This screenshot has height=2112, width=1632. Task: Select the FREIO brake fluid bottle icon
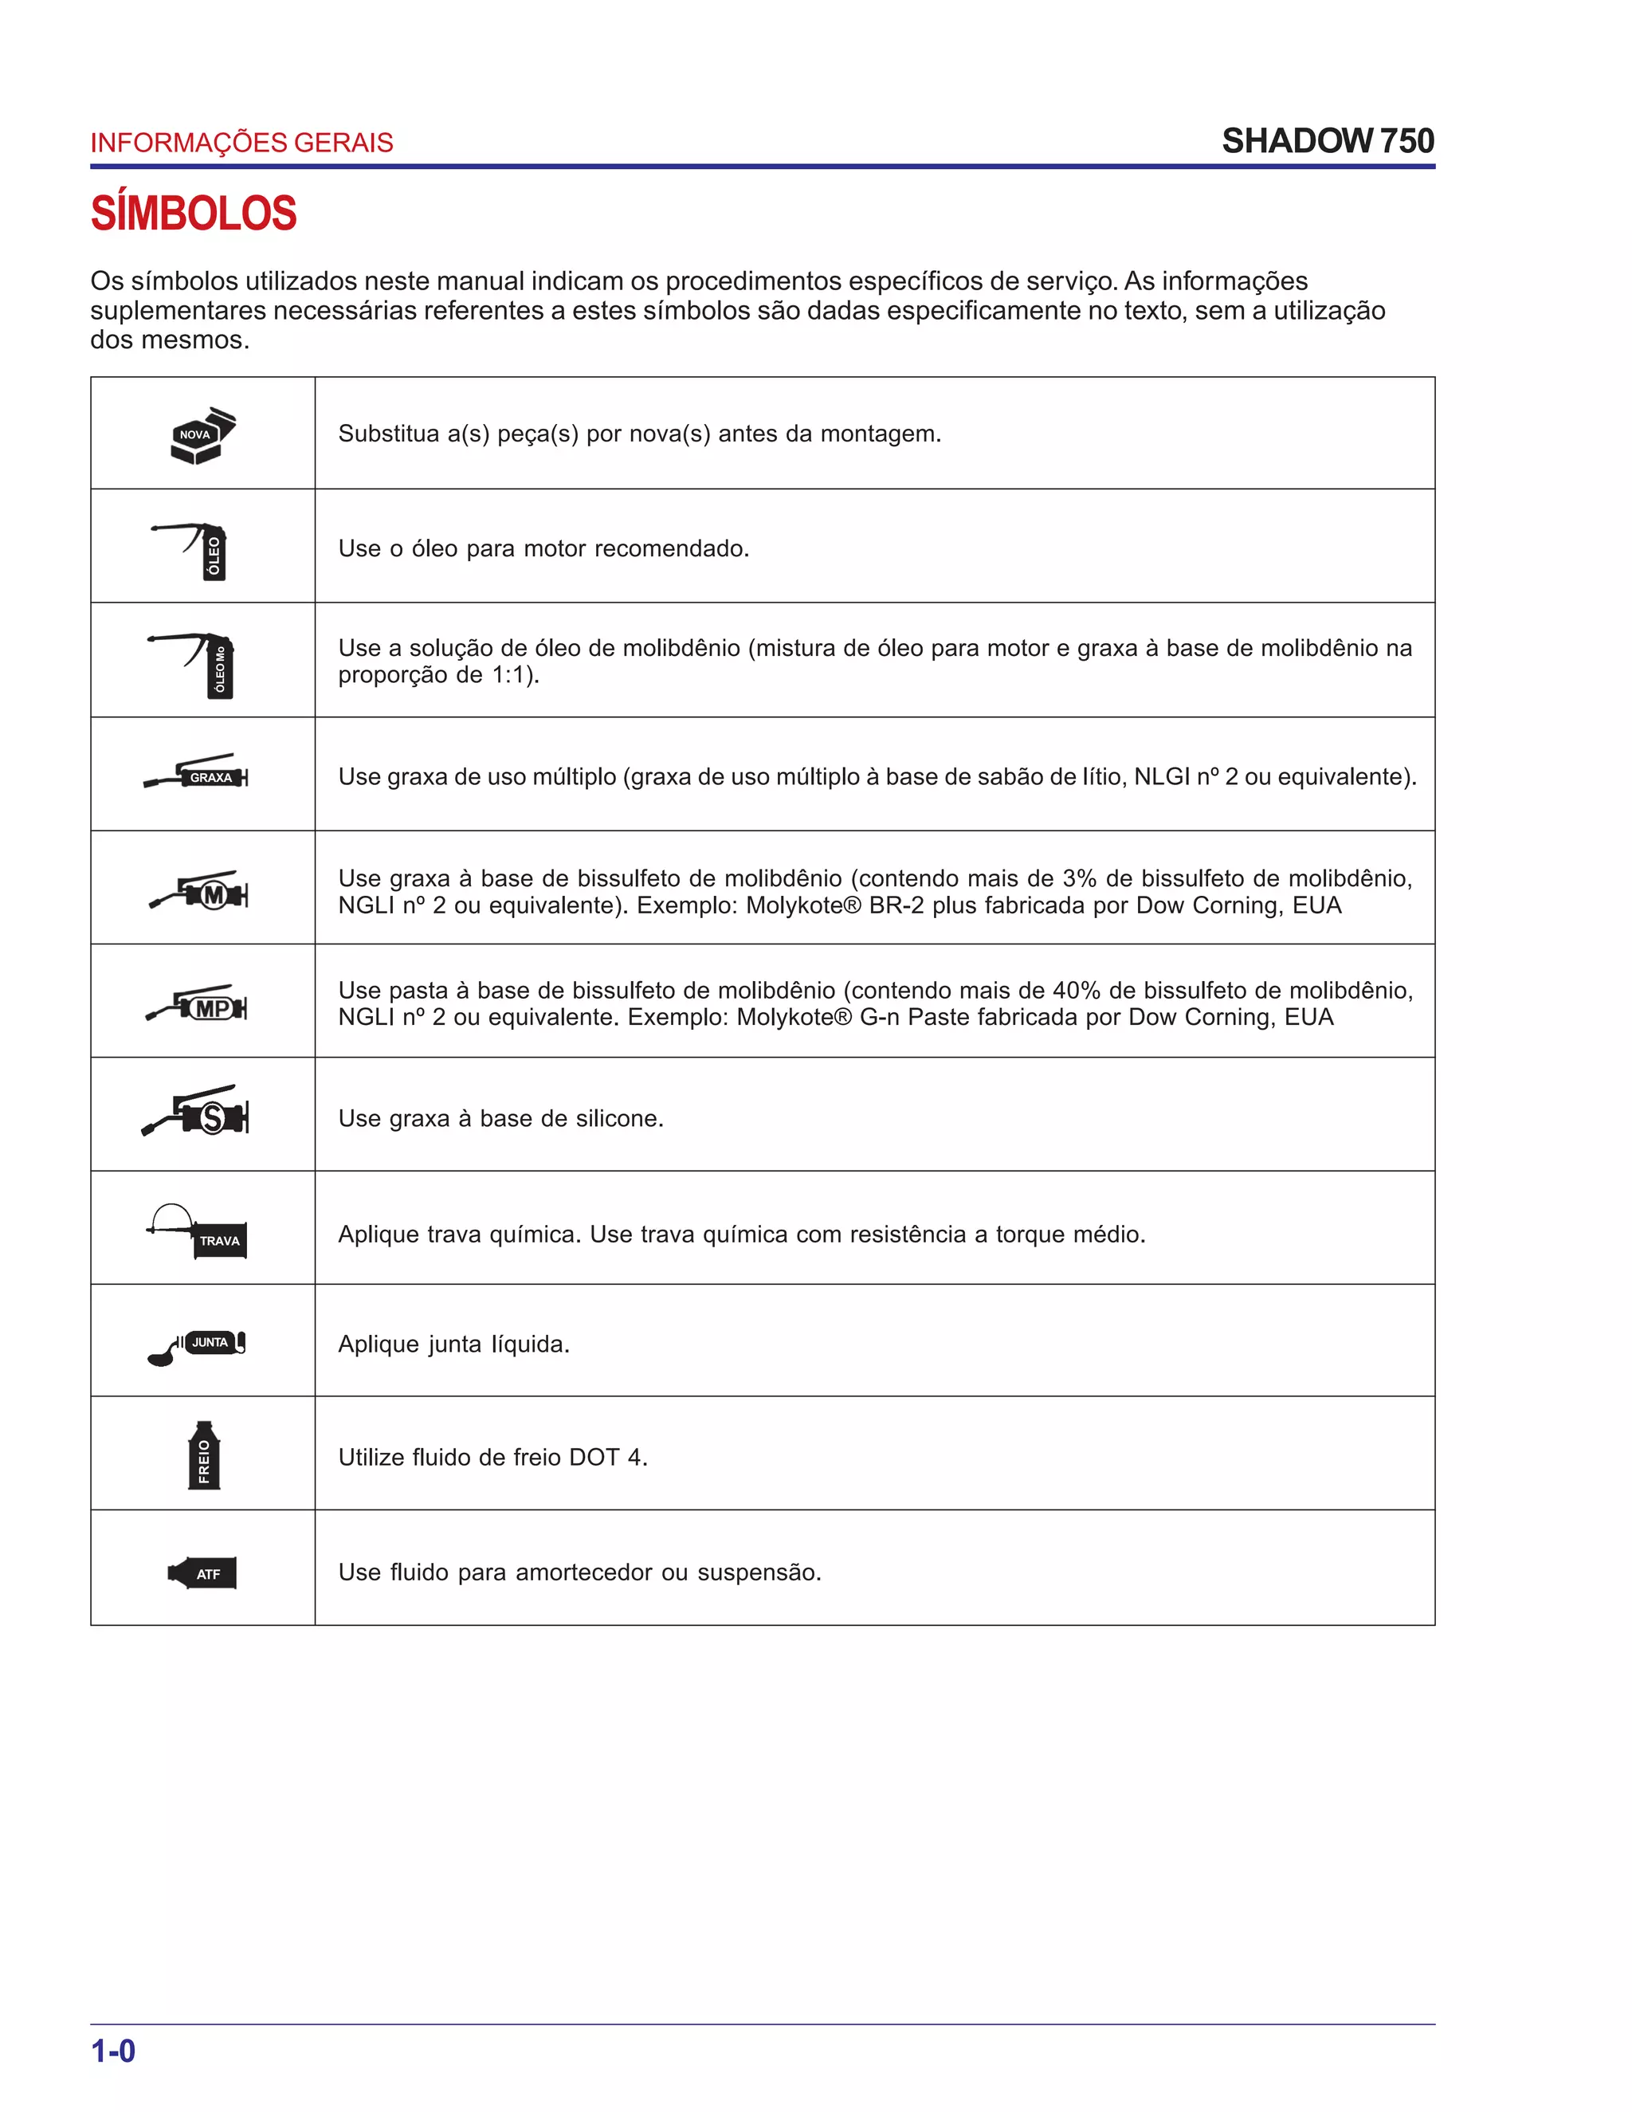[x=203, y=1455]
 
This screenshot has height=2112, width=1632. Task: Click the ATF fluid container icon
[x=203, y=1573]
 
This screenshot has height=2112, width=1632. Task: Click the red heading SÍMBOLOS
[x=194, y=214]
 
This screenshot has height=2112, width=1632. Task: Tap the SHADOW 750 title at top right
[x=1328, y=141]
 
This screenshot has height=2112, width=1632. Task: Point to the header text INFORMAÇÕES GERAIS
[x=241, y=143]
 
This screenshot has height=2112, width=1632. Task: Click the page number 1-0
[x=113, y=2050]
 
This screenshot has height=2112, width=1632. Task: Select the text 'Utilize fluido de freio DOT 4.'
[x=492, y=1458]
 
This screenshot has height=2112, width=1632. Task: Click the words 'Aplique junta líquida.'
[x=453, y=1345]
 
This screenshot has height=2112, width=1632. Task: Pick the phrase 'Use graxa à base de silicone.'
[x=500, y=1119]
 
